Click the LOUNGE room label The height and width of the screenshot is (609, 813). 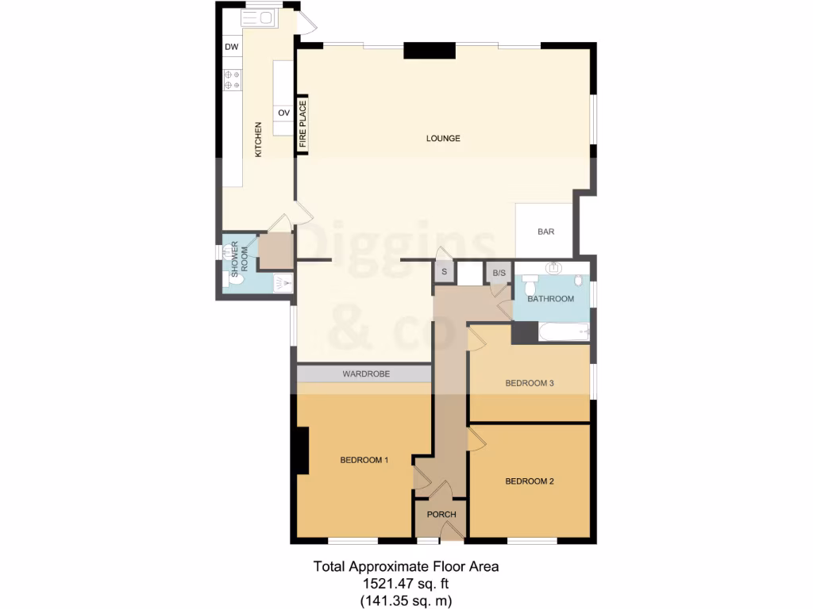tap(443, 139)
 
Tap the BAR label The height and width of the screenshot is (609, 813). tap(545, 232)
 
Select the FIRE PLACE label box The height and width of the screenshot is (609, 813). tap(302, 124)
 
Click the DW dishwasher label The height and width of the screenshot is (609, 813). tap(232, 48)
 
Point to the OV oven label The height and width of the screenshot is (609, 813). tap(283, 113)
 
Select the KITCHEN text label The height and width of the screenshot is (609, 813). tap(258, 140)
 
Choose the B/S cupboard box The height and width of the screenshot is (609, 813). tap(499, 274)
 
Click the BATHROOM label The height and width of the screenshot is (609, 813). tap(552, 299)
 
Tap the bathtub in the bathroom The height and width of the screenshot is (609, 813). tap(564, 331)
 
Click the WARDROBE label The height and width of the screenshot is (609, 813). tap(365, 373)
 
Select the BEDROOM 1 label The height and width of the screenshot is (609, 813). tap(364, 460)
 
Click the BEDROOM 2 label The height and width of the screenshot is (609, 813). tap(529, 481)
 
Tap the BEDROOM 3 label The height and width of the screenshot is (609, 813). tap(529, 383)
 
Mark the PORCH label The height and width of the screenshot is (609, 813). tap(441, 515)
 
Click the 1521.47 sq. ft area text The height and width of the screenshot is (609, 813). tap(406, 584)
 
